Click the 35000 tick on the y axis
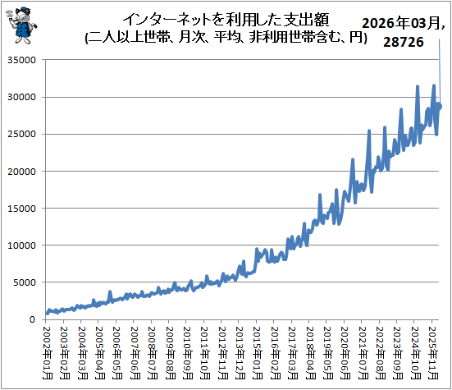point(21,60)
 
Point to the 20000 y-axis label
point(21,172)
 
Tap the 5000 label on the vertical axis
point(25,282)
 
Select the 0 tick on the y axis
point(32,319)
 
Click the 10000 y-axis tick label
point(21,245)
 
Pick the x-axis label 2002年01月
point(48,353)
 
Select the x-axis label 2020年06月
point(345,353)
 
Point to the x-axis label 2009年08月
point(170,353)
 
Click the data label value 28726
point(404,42)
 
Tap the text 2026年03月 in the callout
point(401,23)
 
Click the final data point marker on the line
point(440,107)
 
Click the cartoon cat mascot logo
point(21,25)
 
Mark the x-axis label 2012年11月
point(223,353)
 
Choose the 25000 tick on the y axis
point(21,134)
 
